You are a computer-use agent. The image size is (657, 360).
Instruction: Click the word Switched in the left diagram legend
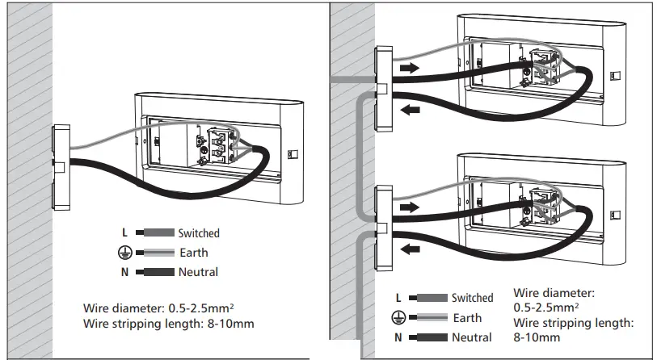click(x=198, y=233)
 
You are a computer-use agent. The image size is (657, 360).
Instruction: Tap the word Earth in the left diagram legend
click(x=193, y=253)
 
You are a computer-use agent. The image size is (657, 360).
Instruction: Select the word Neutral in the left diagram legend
click(x=198, y=272)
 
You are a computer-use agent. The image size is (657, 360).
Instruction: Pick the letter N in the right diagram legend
click(x=398, y=337)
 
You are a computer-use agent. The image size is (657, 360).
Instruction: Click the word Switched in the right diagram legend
click(x=472, y=299)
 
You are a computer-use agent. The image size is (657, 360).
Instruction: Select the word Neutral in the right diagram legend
click(x=471, y=337)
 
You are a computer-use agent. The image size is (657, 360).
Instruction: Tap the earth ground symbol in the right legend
click(x=398, y=318)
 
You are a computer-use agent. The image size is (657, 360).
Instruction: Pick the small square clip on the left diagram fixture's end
click(x=293, y=153)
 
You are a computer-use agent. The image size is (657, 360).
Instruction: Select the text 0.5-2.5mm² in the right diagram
click(x=547, y=307)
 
